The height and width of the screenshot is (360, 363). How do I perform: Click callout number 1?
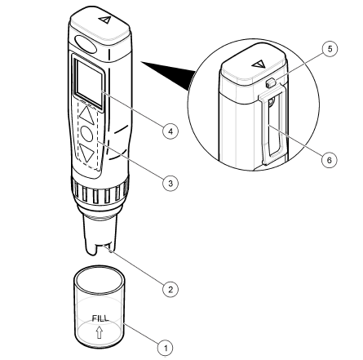click(x=166, y=349)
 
